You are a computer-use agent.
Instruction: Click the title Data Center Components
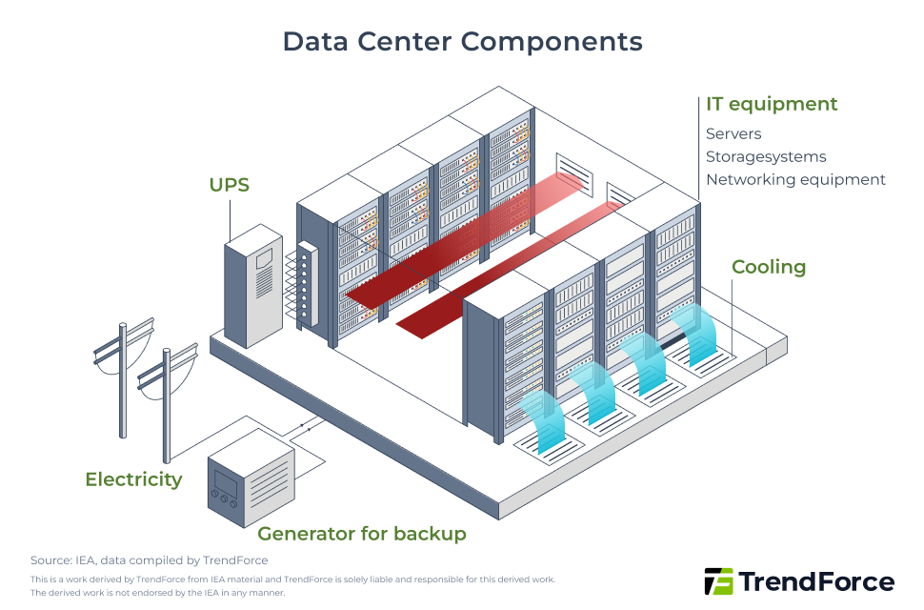(462, 42)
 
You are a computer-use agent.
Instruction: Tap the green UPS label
(230, 184)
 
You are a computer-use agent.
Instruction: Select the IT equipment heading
(772, 104)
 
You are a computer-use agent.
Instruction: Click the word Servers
(733, 133)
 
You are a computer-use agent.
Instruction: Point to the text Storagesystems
(766, 156)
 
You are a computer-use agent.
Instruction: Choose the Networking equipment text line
(795, 179)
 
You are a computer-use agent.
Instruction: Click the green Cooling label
(769, 267)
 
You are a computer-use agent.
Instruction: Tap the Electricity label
(133, 479)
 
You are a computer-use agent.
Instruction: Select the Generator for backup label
(362, 534)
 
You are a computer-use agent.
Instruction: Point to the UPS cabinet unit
(252, 286)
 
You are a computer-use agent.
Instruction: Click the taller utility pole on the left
(122, 381)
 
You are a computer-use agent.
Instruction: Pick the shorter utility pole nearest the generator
(166, 405)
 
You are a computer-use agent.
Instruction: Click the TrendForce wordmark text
(816, 581)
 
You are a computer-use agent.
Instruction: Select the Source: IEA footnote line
(150, 560)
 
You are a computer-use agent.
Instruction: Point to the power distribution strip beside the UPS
(306, 286)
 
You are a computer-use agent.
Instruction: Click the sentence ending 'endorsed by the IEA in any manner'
(157, 593)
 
